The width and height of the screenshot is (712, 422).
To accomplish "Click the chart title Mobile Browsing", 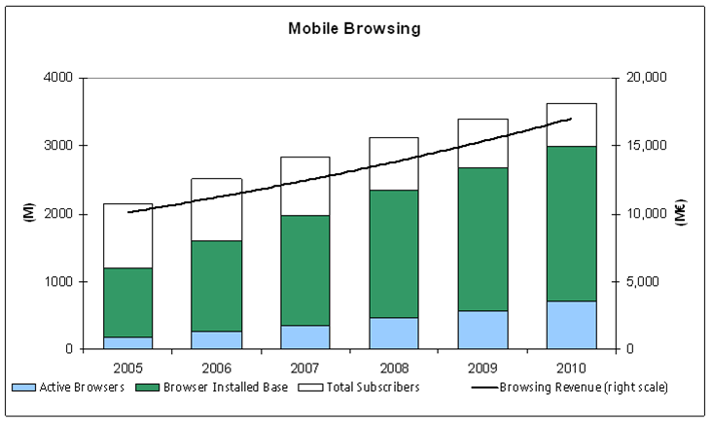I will pyautogui.click(x=354, y=28).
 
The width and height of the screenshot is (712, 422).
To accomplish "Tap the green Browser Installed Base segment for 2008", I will pyautogui.click(x=394, y=253).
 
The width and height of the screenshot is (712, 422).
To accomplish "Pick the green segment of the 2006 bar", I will pyautogui.click(x=216, y=286).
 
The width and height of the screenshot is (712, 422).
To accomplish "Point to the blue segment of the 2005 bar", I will pyautogui.click(x=127, y=342).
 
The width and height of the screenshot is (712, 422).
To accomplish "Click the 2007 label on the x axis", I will pyautogui.click(x=304, y=368).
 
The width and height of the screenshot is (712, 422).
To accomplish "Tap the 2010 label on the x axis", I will pyautogui.click(x=571, y=368).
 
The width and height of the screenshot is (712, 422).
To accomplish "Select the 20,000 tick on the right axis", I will pyautogui.click(x=643, y=78).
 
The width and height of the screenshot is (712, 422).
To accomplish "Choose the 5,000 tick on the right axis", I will pyautogui.click(x=643, y=282).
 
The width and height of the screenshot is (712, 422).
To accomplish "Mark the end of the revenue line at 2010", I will pyautogui.click(x=571, y=119).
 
